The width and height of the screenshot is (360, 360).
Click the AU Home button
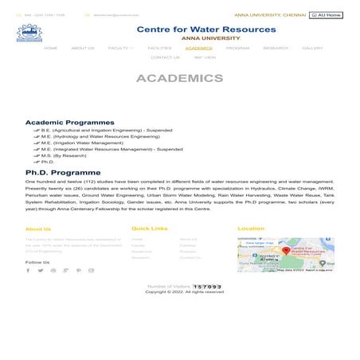pyautogui.click(x=327, y=15)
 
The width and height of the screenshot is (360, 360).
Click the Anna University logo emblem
pyautogui.click(x=29, y=33)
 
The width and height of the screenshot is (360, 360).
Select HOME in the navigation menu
pyautogui.click(x=51, y=48)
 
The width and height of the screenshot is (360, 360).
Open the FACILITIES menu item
pyautogui.click(x=159, y=48)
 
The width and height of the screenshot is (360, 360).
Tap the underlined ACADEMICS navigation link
pyautogui.click(x=198, y=48)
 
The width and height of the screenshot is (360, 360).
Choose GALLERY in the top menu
pyautogui.click(x=312, y=48)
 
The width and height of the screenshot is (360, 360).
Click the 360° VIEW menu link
pyautogui.click(x=204, y=57)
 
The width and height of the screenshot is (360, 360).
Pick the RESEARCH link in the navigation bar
pyautogui.click(x=276, y=48)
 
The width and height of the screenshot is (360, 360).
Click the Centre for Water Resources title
pyautogui.click(x=206, y=29)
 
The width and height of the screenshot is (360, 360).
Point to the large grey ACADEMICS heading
pyautogui.click(x=179, y=79)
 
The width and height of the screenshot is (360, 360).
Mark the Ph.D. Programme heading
pyautogui.click(x=63, y=172)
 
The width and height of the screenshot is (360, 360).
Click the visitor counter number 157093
pyautogui.click(x=207, y=286)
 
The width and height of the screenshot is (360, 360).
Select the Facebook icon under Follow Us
pyautogui.click(x=28, y=270)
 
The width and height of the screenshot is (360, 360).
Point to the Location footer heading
pyautogui.click(x=251, y=229)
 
